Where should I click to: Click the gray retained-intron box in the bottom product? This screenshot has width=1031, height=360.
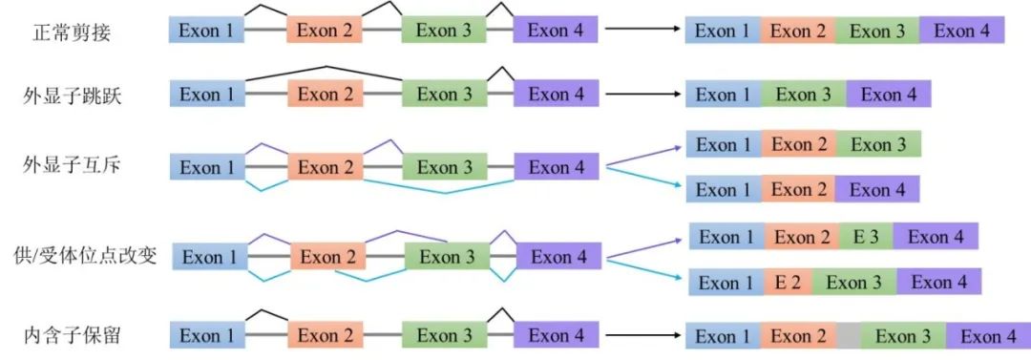[849, 336]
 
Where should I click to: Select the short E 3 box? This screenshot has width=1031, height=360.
[866, 237]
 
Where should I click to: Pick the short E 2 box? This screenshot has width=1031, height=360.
[788, 283]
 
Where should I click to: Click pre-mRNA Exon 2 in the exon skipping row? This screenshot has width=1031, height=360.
[325, 94]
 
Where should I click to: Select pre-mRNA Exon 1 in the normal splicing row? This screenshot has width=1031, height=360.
[207, 31]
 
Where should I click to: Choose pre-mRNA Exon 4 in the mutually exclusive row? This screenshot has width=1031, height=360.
[557, 167]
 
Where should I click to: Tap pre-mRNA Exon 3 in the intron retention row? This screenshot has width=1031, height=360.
[438, 336]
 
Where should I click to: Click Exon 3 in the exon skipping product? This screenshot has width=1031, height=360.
[803, 95]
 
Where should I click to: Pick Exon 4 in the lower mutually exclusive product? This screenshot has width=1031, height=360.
[877, 190]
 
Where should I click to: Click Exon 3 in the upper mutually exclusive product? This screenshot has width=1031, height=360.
[877, 145]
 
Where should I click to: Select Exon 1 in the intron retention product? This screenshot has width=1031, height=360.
[723, 336]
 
